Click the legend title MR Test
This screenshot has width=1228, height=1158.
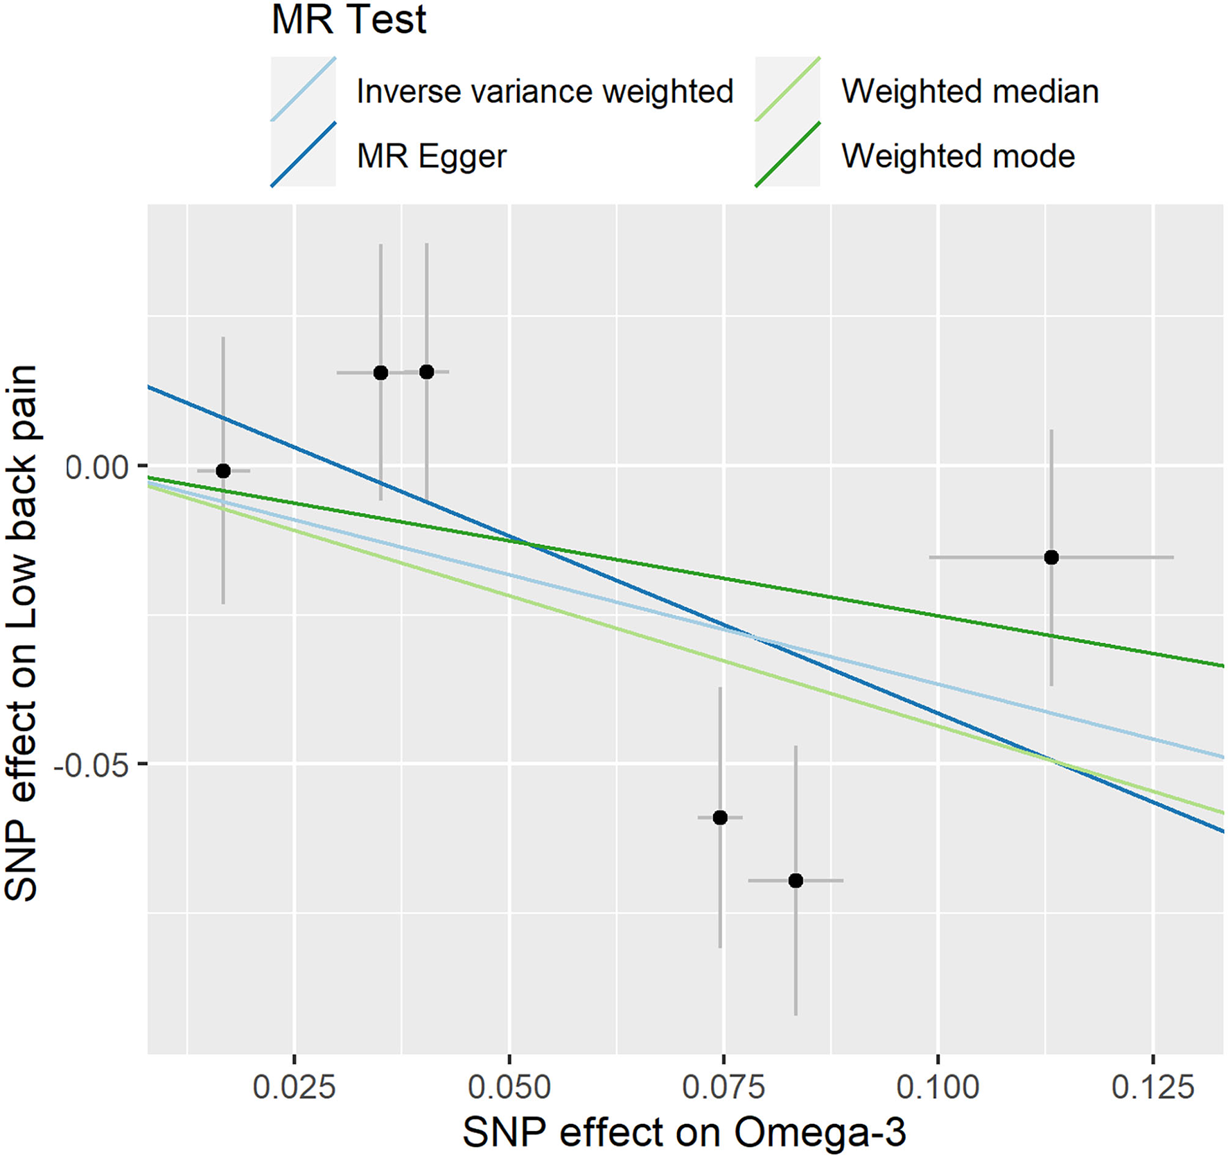pos(349,20)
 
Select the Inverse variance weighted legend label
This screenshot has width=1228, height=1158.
pos(545,91)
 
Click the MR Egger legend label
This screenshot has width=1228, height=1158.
pos(431,156)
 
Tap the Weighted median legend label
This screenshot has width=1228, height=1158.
pos(970,91)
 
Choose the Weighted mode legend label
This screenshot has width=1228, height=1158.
pos(958,156)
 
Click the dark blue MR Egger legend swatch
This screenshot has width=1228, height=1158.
pos(303,155)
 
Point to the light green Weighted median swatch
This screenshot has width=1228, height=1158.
pos(787,89)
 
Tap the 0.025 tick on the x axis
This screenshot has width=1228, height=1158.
pos(295,1087)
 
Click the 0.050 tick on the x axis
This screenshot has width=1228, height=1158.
pos(509,1087)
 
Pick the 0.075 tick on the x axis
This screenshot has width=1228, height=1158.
pos(723,1087)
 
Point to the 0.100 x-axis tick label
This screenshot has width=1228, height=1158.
pos(938,1087)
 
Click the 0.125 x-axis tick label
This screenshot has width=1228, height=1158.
pos(1152,1087)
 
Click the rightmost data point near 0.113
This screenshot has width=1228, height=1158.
pos(1051,557)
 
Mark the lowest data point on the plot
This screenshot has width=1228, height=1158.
pos(796,881)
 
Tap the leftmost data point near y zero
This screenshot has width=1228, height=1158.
pos(223,471)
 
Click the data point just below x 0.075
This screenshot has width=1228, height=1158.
pos(720,818)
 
